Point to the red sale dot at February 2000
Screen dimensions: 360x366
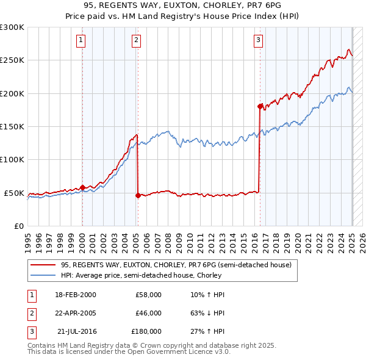click(82, 187)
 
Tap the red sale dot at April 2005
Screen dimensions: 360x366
click(138, 195)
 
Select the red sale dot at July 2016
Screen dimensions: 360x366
click(260, 106)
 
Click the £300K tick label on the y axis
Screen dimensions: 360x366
click(12, 27)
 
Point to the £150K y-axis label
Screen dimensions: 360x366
click(12, 127)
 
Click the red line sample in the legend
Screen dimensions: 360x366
click(43, 265)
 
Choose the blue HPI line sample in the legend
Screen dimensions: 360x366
click(43, 275)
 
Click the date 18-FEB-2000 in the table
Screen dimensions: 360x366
click(76, 295)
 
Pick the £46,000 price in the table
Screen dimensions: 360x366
click(148, 313)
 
